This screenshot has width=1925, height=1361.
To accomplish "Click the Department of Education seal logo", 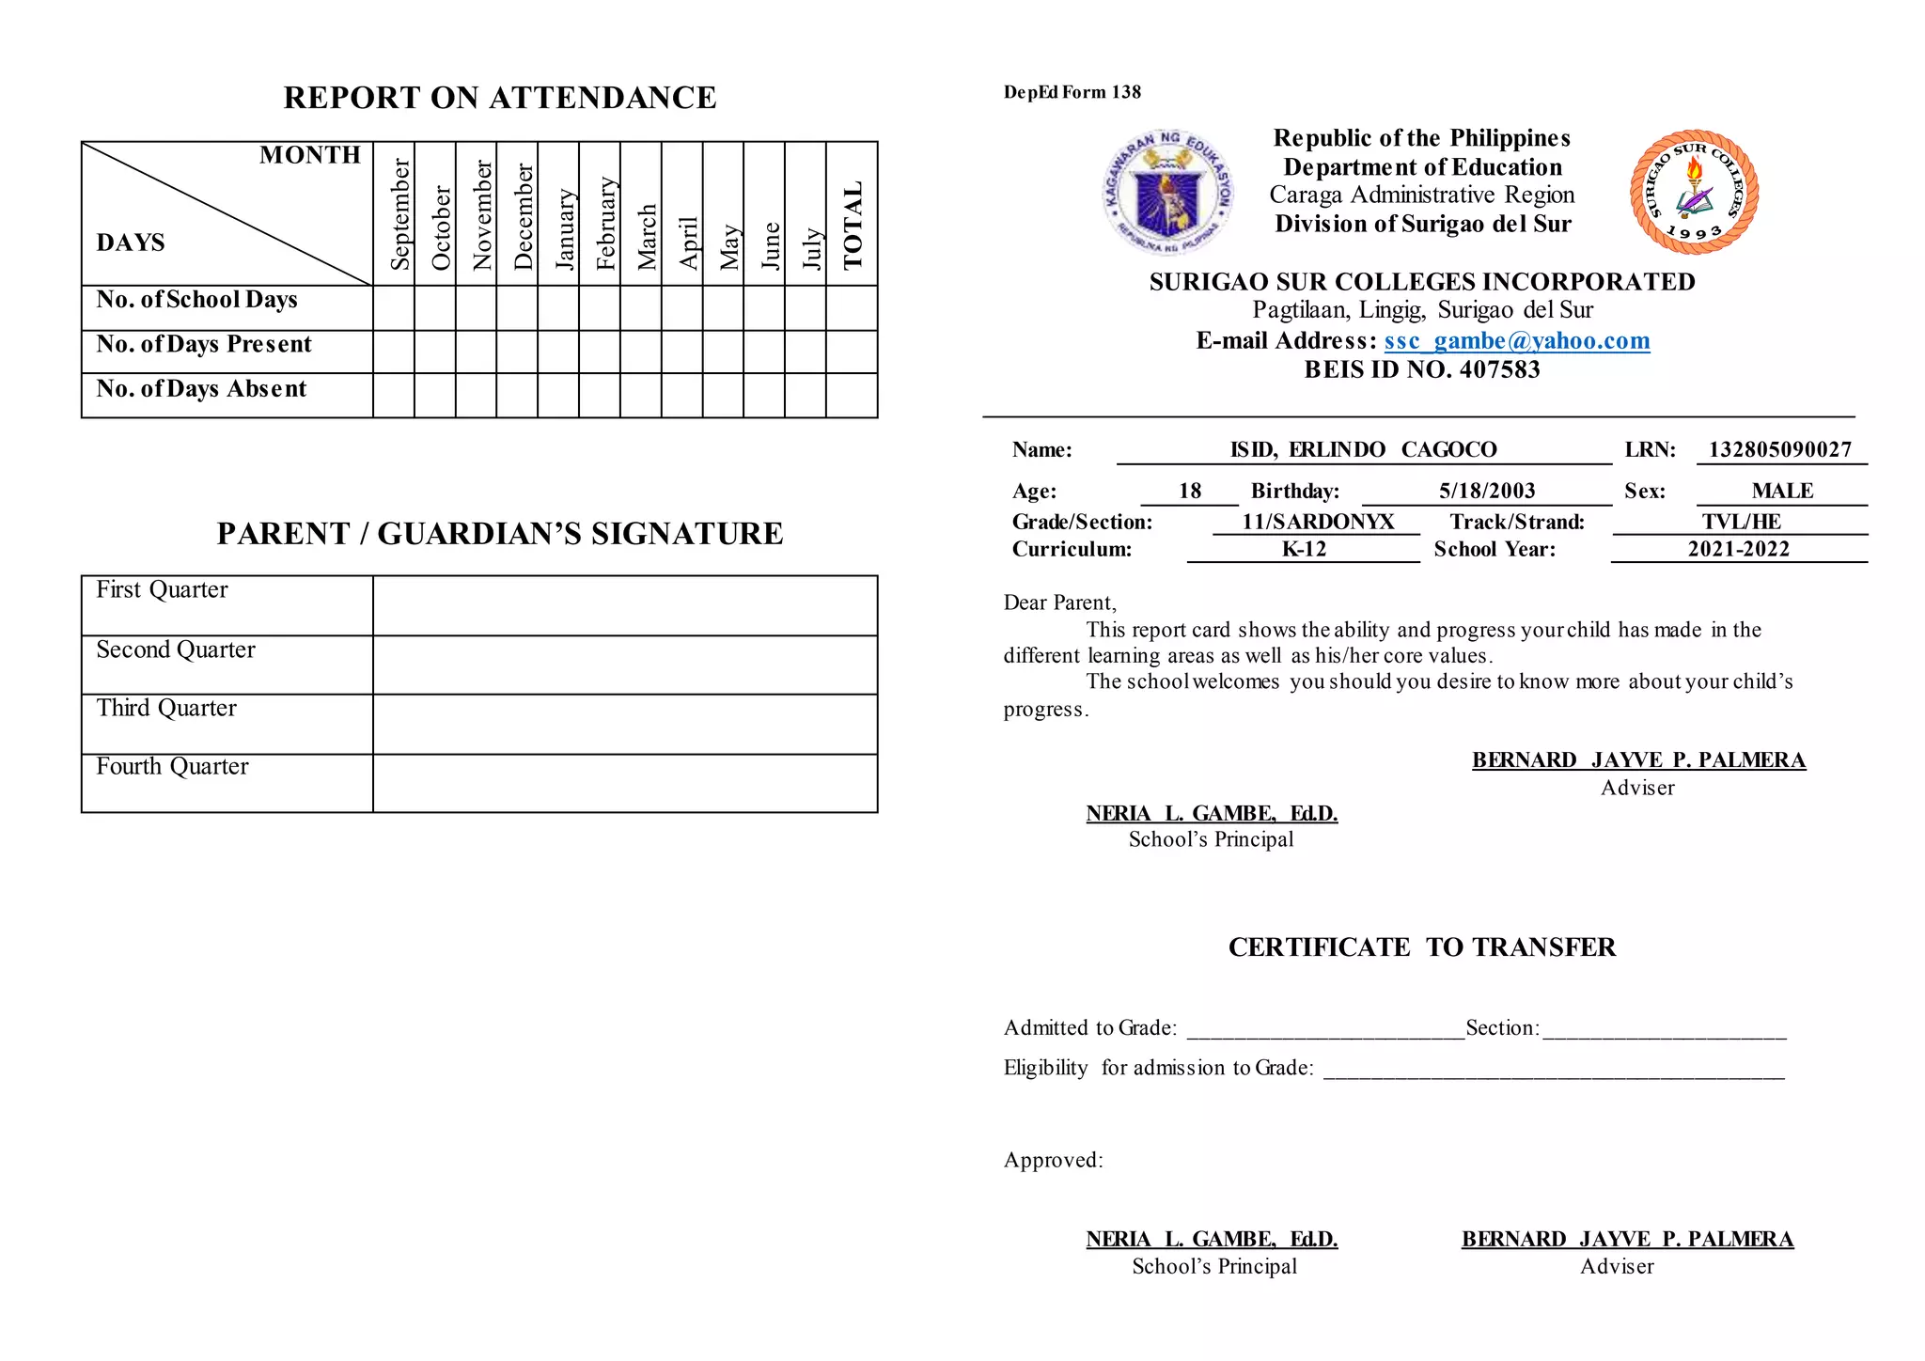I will coord(1166,193).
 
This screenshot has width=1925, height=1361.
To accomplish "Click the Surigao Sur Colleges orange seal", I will coord(1694,193).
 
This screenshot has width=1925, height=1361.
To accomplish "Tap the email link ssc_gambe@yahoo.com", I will coord(1516,340).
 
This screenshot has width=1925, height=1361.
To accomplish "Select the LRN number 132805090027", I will coord(1779,449).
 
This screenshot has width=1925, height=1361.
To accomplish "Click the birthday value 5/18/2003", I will coord(1486,491).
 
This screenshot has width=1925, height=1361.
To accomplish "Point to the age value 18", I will coord(1189,491).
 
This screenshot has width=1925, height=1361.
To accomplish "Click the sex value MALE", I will coord(1781,491).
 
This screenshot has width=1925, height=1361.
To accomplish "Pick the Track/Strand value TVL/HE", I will coord(1740,522).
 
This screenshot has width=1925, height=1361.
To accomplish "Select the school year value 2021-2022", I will coord(1738,549).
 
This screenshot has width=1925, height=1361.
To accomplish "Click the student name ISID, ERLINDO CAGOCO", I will coord(1363,449).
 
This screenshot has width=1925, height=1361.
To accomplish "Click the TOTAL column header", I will coord(853,226).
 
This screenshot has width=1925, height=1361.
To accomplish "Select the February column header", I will coord(606,224).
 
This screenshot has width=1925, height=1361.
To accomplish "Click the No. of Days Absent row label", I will coord(201,389).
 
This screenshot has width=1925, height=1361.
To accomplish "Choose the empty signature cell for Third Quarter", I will coord(624,724).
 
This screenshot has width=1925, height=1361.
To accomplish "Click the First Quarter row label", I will coord(162,590).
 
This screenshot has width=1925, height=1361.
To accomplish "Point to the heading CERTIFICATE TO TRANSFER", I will coord(1421,947).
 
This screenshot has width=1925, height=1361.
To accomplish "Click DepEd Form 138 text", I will coord(1072,92).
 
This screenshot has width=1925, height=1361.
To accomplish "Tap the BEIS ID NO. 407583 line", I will coord(1421,369).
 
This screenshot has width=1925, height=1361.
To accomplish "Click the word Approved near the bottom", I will coord(1052,1160).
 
